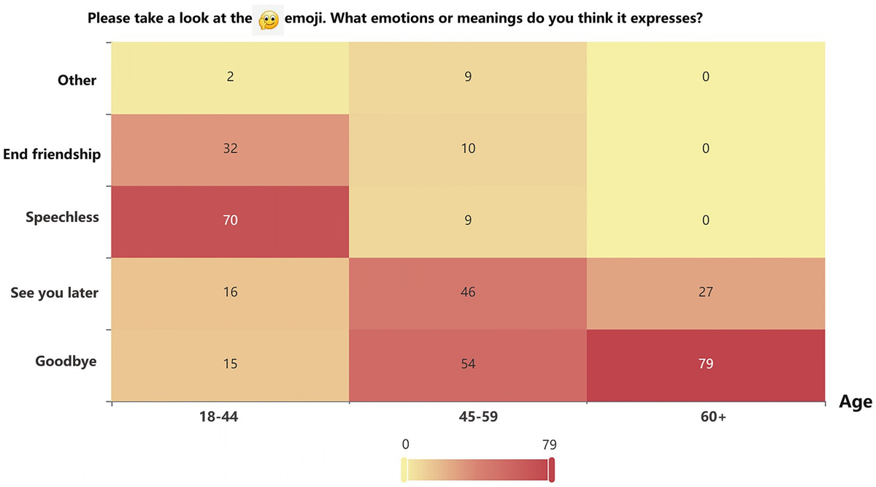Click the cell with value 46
(468, 293)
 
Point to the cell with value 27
(705, 293)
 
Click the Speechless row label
(62, 218)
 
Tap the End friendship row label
(52, 154)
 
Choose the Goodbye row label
(66, 361)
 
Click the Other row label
(77, 80)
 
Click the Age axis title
(855, 402)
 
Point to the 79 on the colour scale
(550, 444)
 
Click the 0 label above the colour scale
(405, 444)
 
